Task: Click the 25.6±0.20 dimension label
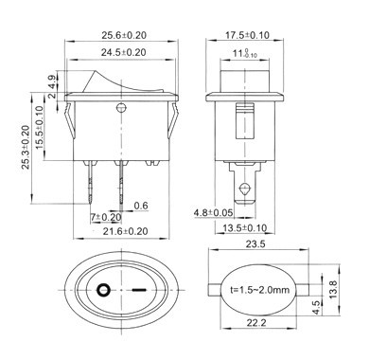pyautogui.click(x=124, y=35)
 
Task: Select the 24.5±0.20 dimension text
pyautogui.click(x=124, y=52)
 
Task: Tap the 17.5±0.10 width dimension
pyautogui.click(x=247, y=35)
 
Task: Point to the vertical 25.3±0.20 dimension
pyautogui.click(x=26, y=148)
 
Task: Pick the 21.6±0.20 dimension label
pyautogui.click(x=125, y=231)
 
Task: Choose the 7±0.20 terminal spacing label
pyautogui.click(x=106, y=217)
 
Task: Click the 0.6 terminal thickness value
pyautogui.click(x=141, y=206)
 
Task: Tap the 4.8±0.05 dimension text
pyautogui.click(x=213, y=213)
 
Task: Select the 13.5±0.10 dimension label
pyautogui.click(x=245, y=227)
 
